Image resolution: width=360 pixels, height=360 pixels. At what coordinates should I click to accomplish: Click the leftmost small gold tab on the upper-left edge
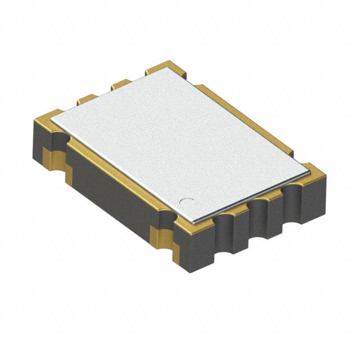[86, 100]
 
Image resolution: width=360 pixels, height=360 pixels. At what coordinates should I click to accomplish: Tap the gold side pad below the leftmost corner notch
[54, 157]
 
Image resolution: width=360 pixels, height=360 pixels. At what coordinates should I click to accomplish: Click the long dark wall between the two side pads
[112, 191]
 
